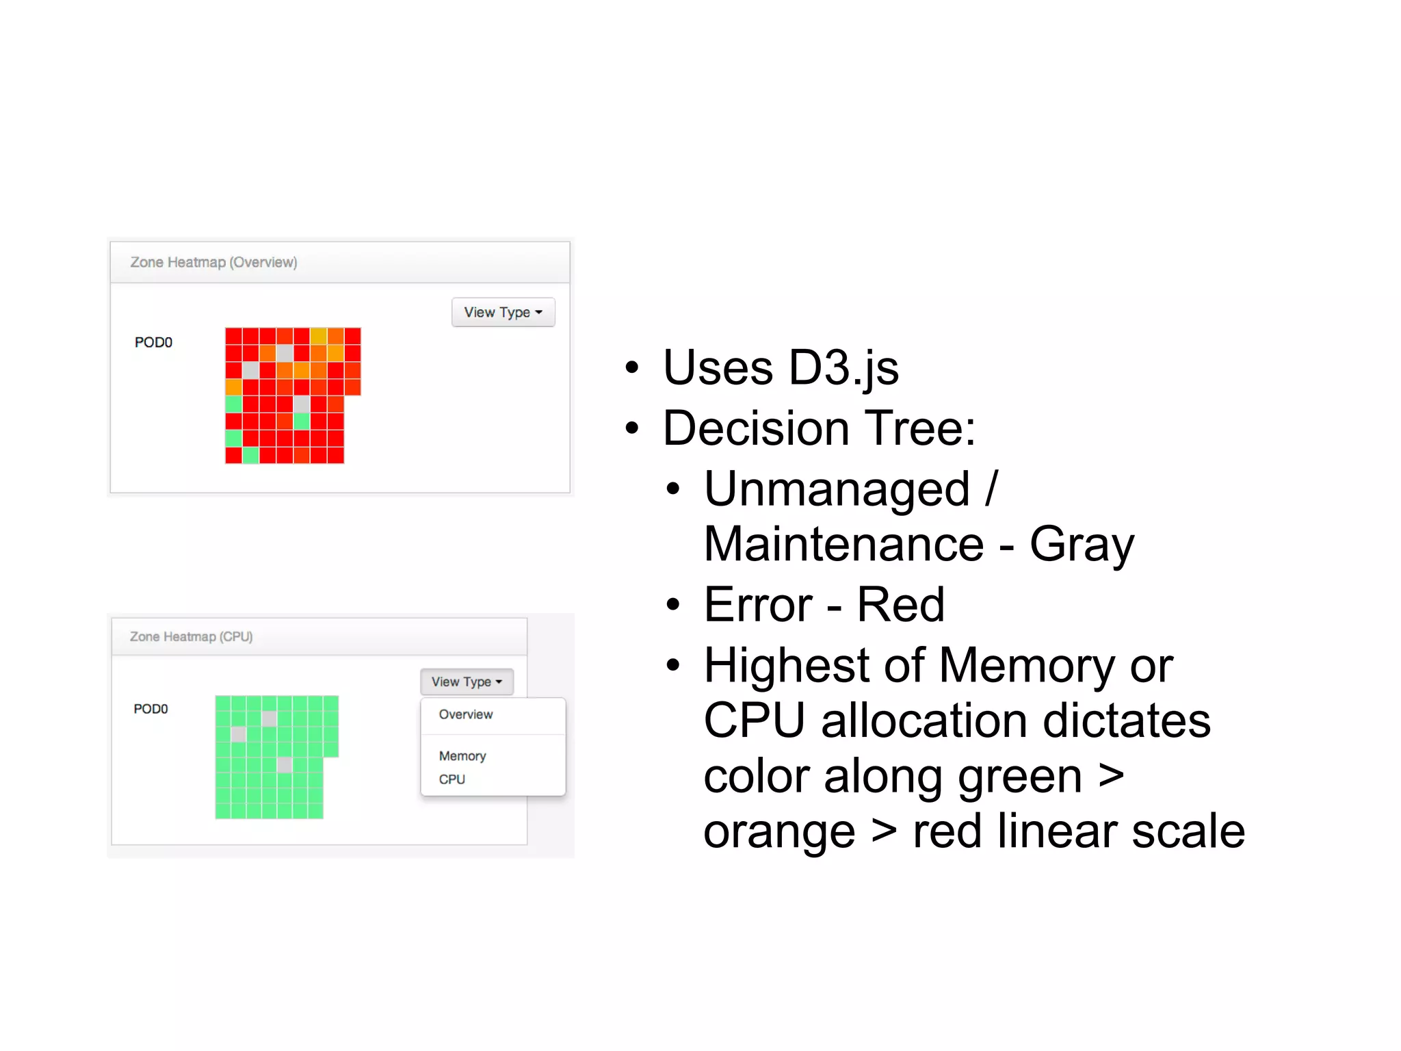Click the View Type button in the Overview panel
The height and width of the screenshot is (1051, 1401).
pyautogui.click(x=503, y=312)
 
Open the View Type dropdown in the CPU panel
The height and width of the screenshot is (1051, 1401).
pyautogui.click(x=467, y=682)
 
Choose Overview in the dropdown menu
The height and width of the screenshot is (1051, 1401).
pyautogui.click(x=465, y=714)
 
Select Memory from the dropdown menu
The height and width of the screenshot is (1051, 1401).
pyautogui.click(x=462, y=755)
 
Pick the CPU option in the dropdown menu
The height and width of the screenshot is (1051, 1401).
pyautogui.click(x=452, y=779)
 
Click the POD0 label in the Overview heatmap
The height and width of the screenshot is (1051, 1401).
pyautogui.click(x=153, y=342)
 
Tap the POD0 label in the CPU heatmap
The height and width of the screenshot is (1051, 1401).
pyautogui.click(x=150, y=709)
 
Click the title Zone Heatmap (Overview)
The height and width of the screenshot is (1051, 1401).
pyautogui.click(x=213, y=262)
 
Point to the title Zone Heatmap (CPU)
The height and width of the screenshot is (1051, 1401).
pyautogui.click(x=191, y=636)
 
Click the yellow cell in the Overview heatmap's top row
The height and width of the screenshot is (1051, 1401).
pyautogui.click(x=319, y=336)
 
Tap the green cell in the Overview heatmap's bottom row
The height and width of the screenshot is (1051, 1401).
pyautogui.click(x=251, y=455)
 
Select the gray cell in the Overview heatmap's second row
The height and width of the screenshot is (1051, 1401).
pyautogui.click(x=285, y=353)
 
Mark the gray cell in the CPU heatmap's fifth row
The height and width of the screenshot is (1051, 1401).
pyautogui.click(x=285, y=765)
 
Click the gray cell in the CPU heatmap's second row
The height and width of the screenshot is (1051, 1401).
pyautogui.click(x=270, y=718)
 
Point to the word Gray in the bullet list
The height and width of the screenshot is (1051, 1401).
pyautogui.click(x=1082, y=545)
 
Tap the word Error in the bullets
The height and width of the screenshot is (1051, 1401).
pyautogui.click(x=758, y=605)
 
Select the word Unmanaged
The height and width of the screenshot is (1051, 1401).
pyautogui.click(x=837, y=490)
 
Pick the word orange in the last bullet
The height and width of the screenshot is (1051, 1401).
pyautogui.click(x=779, y=832)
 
